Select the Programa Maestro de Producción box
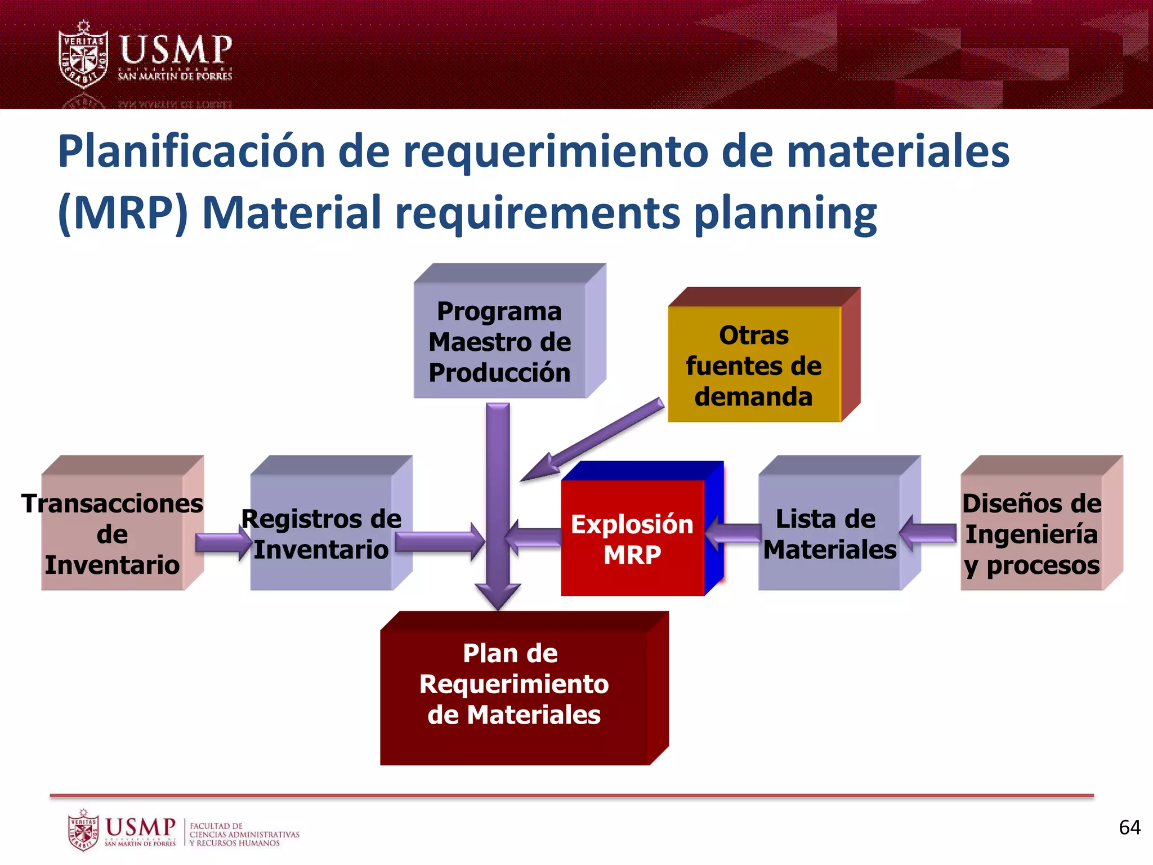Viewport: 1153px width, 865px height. [500, 341]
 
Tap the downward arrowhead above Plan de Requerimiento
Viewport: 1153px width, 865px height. [498, 595]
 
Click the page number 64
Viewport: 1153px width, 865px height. [1129, 827]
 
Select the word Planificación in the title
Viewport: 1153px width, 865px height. [191, 151]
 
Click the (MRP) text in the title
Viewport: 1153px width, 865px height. [123, 213]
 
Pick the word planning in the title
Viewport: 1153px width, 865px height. [785, 214]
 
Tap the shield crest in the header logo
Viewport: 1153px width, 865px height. [83, 55]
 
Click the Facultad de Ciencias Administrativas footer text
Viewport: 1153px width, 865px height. [244, 834]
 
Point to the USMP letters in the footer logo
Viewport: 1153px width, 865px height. [140, 827]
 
